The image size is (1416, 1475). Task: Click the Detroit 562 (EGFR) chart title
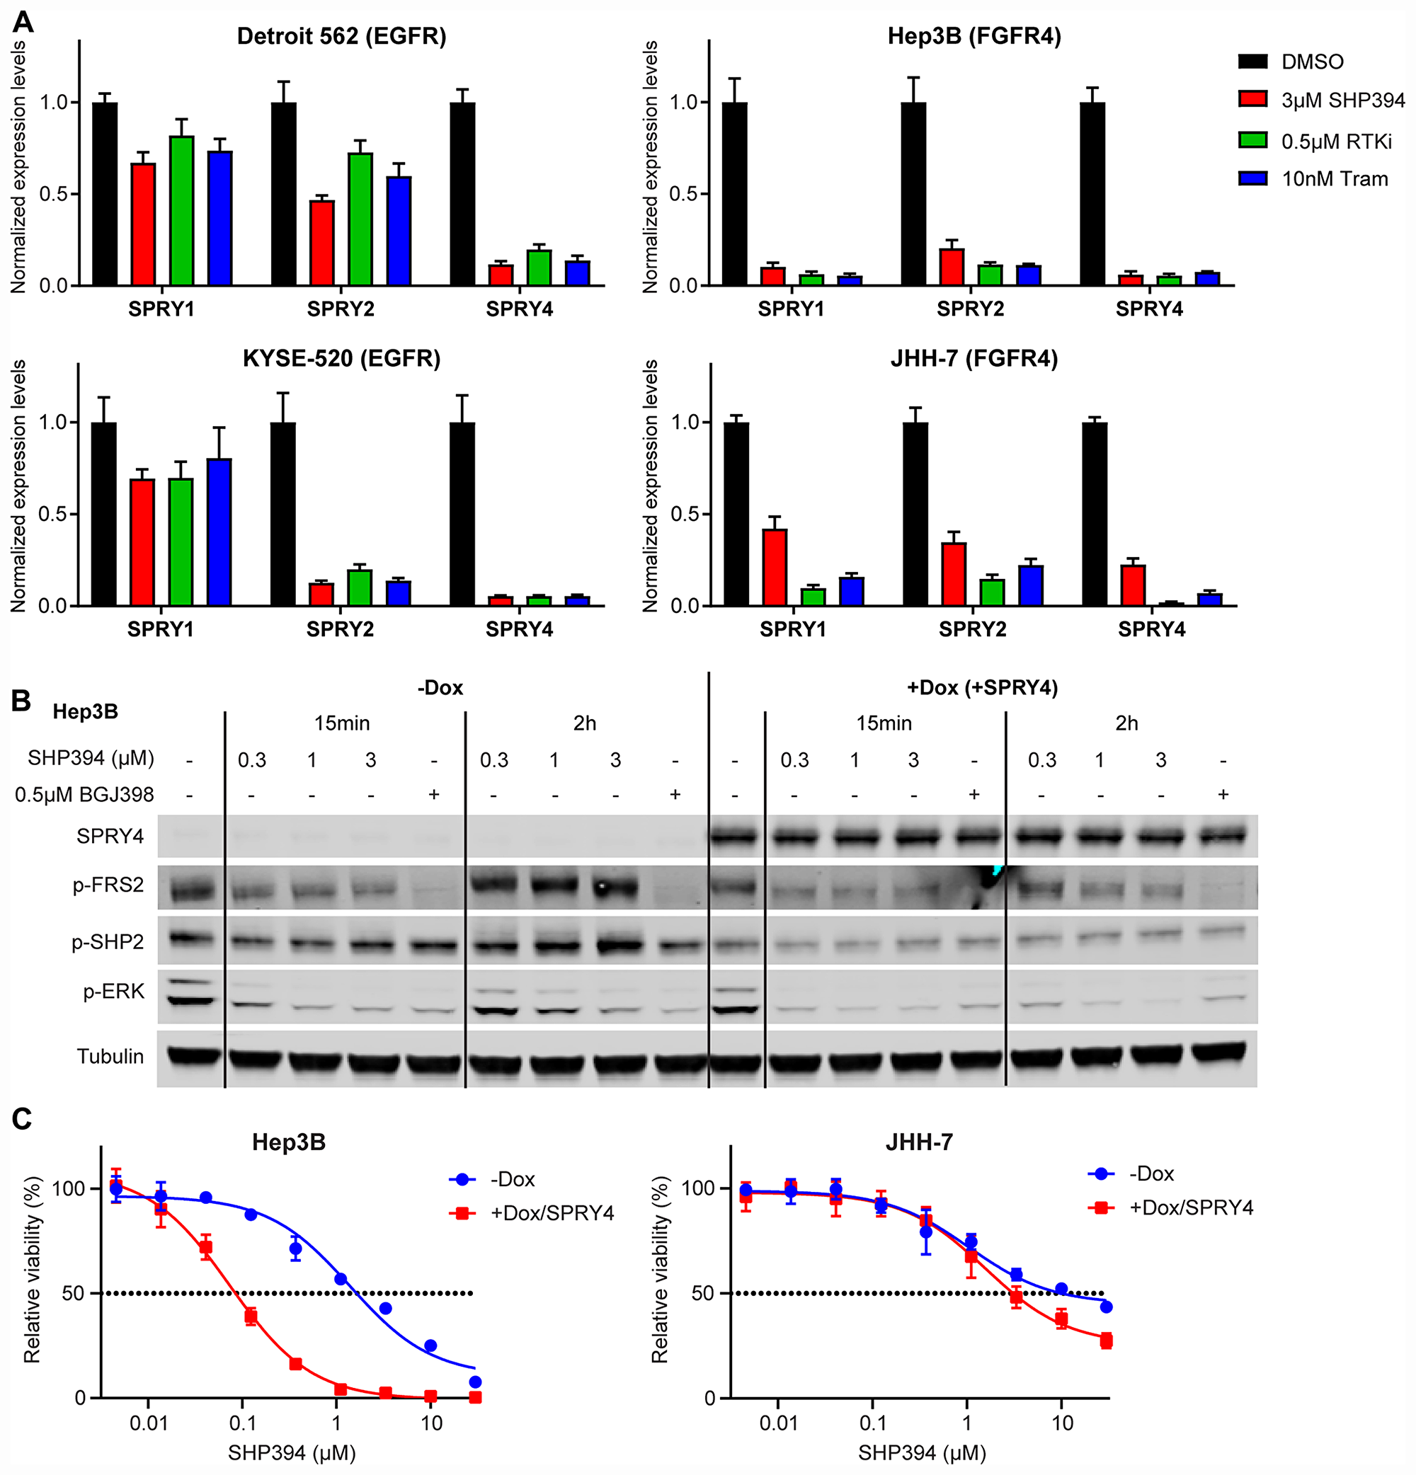pyautogui.click(x=341, y=36)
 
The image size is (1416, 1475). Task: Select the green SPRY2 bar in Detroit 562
pyautogui.click(x=360, y=218)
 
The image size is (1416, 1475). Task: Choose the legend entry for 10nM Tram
pyautogui.click(x=1334, y=179)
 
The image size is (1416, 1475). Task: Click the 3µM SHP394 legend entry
pyautogui.click(x=1342, y=100)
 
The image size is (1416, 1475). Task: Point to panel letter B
pyautogui.click(x=21, y=701)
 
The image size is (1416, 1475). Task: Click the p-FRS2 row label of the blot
pyautogui.click(x=108, y=885)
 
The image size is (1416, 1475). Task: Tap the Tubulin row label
pyautogui.click(x=110, y=1057)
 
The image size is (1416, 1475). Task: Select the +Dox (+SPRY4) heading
pyautogui.click(x=983, y=688)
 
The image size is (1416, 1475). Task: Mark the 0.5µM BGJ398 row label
pyautogui.click(x=84, y=795)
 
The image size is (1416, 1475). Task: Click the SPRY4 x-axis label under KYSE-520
pyautogui.click(x=519, y=629)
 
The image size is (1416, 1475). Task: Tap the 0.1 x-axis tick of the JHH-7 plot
pyautogui.click(x=872, y=1424)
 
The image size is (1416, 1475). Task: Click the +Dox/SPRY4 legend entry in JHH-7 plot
pyautogui.click(x=1191, y=1208)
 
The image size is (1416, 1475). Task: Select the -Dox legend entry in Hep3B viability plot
pyautogui.click(x=512, y=1179)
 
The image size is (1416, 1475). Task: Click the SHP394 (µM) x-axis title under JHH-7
pyautogui.click(x=921, y=1453)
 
